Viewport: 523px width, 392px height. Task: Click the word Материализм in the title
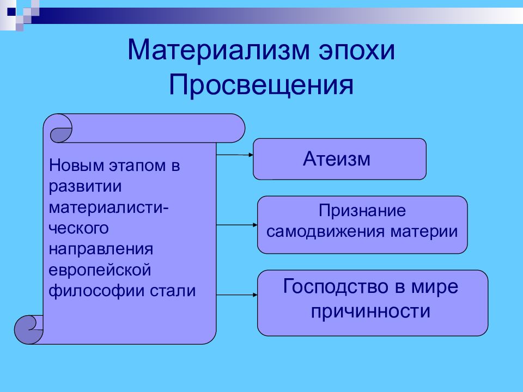point(218,50)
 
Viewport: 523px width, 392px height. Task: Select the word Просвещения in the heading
point(261,85)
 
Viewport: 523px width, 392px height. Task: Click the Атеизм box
point(339,159)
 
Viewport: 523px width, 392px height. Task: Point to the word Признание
point(362,211)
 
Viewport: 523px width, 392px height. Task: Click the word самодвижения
point(325,232)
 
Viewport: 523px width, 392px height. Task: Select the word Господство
point(336,287)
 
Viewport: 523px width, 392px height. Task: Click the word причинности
point(370,311)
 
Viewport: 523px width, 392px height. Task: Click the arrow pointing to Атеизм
point(235,155)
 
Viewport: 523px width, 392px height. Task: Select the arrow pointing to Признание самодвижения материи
point(237,225)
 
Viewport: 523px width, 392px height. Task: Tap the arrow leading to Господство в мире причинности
point(237,295)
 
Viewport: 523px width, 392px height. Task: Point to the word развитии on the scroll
point(85,187)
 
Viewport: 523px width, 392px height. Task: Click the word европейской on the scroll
point(100,270)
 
